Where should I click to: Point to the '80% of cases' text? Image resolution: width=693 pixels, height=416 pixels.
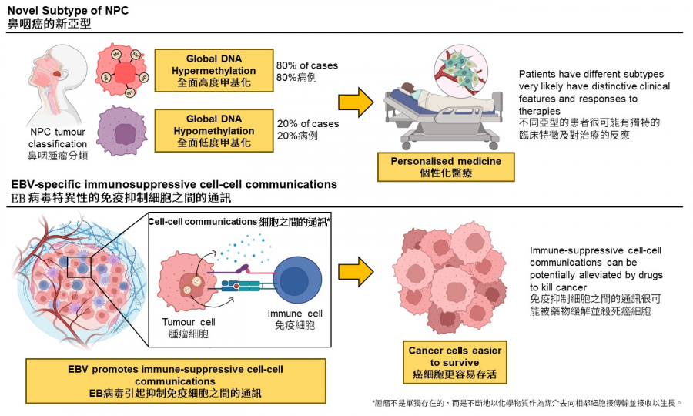pyautogui.click(x=307, y=65)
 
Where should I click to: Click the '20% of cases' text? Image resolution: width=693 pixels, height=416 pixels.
pyautogui.click(x=307, y=124)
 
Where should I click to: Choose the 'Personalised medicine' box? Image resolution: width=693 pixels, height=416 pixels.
pyautogui.click(x=446, y=167)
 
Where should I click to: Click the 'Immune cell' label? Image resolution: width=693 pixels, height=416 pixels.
pyautogui.click(x=296, y=314)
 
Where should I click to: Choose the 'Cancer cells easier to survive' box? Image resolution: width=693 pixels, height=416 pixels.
pyautogui.click(x=454, y=363)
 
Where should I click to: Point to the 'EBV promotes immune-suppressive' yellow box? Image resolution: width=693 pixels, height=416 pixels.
pyautogui.click(x=176, y=381)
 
